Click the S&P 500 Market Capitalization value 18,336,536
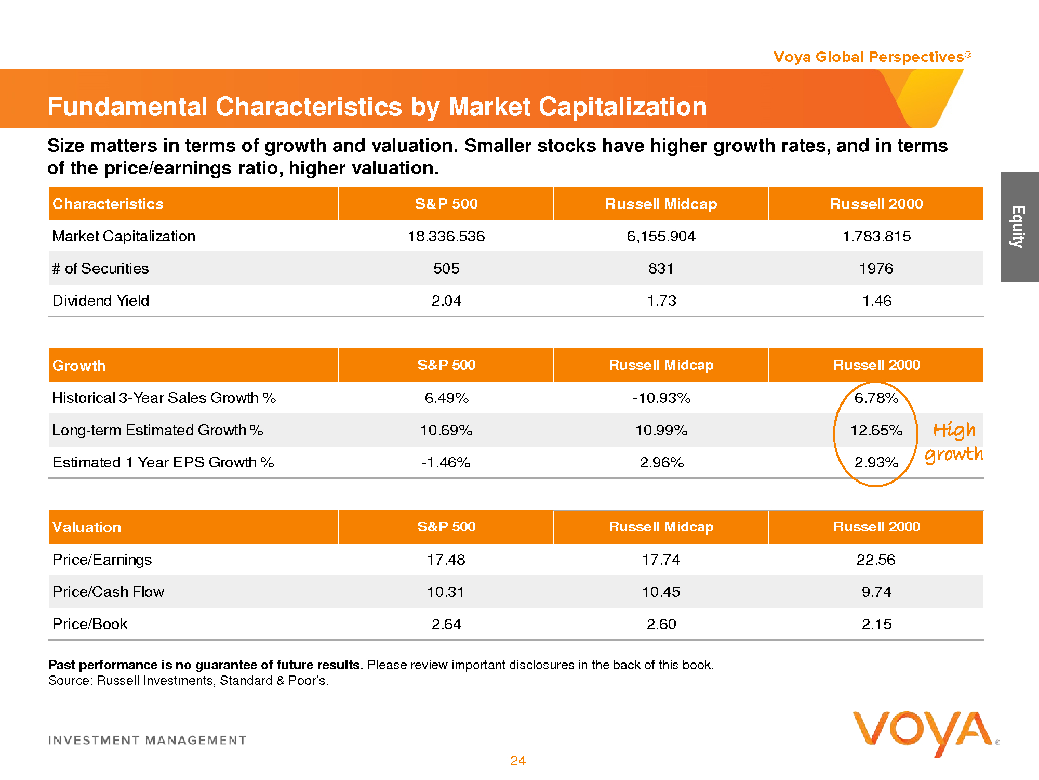[446, 237]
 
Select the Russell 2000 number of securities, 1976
[876, 268]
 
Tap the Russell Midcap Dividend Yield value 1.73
[661, 301]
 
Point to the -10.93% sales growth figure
[661, 398]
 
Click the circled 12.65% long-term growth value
[876, 430]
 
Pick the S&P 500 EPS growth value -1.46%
[446, 462]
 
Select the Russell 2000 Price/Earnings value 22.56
[876, 560]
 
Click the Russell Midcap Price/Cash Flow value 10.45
[661, 592]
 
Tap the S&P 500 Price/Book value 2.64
[446, 624]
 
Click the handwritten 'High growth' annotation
[954, 443]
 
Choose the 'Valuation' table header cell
[193, 527]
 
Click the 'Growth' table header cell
[193, 365]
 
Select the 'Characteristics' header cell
[193, 204]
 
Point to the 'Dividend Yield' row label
[101, 301]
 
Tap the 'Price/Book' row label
[90, 624]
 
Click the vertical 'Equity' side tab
[1020, 227]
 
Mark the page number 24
[518, 761]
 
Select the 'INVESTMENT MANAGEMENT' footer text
[147, 740]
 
